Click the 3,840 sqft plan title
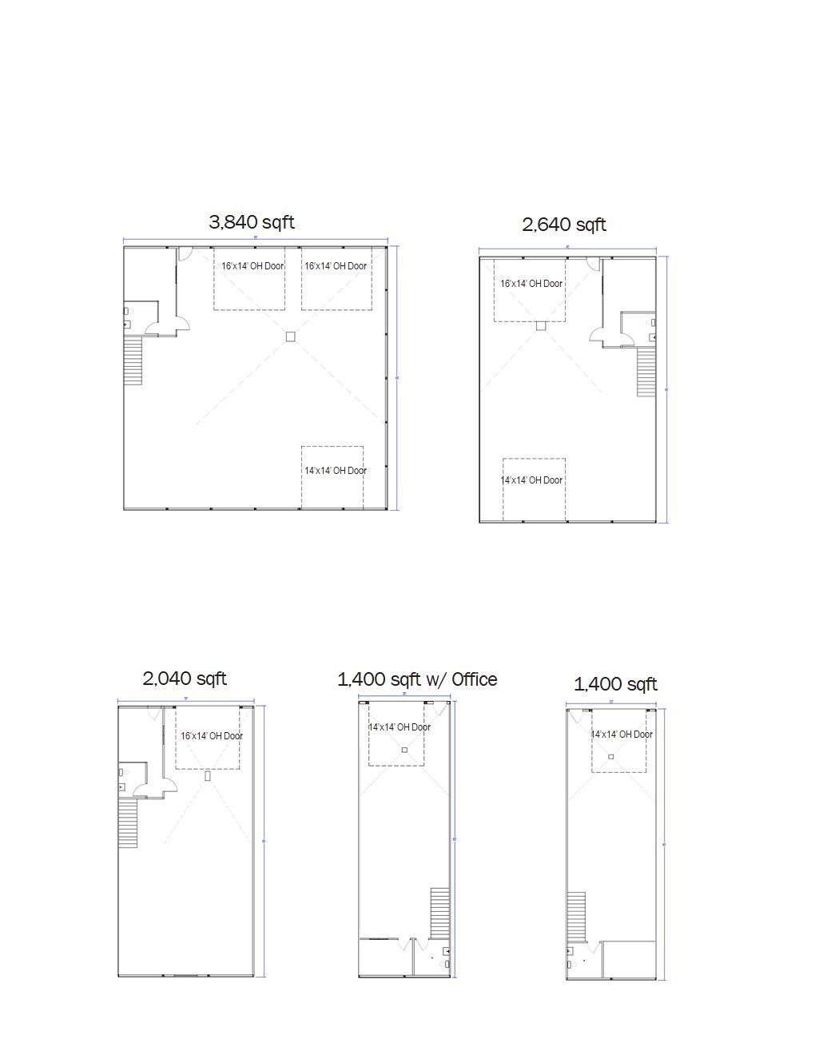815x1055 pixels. (x=252, y=222)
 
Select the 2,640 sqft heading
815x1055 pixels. (x=564, y=225)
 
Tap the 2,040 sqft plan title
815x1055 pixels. (x=185, y=679)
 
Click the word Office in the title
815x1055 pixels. (x=474, y=679)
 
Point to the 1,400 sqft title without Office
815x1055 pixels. (x=615, y=684)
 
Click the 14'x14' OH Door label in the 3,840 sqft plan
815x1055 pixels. (x=335, y=471)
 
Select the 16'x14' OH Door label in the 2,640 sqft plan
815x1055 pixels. (x=531, y=284)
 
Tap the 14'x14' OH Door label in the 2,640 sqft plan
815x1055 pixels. (x=531, y=480)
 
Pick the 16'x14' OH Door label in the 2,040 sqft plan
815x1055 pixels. (x=212, y=736)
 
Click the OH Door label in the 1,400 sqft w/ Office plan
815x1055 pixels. (x=399, y=727)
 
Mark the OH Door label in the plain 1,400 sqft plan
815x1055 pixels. (x=622, y=735)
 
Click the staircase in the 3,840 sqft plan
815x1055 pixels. (x=133, y=360)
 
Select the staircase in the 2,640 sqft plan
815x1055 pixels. (x=646, y=372)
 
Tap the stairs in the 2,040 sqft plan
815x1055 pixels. (x=128, y=823)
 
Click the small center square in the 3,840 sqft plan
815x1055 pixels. (x=291, y=336)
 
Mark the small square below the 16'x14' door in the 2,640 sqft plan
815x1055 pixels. (x=541, y=325)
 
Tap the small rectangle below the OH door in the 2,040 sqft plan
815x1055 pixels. (x=208, y=775)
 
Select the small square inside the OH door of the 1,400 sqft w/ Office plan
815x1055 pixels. (x=404, y=750)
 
